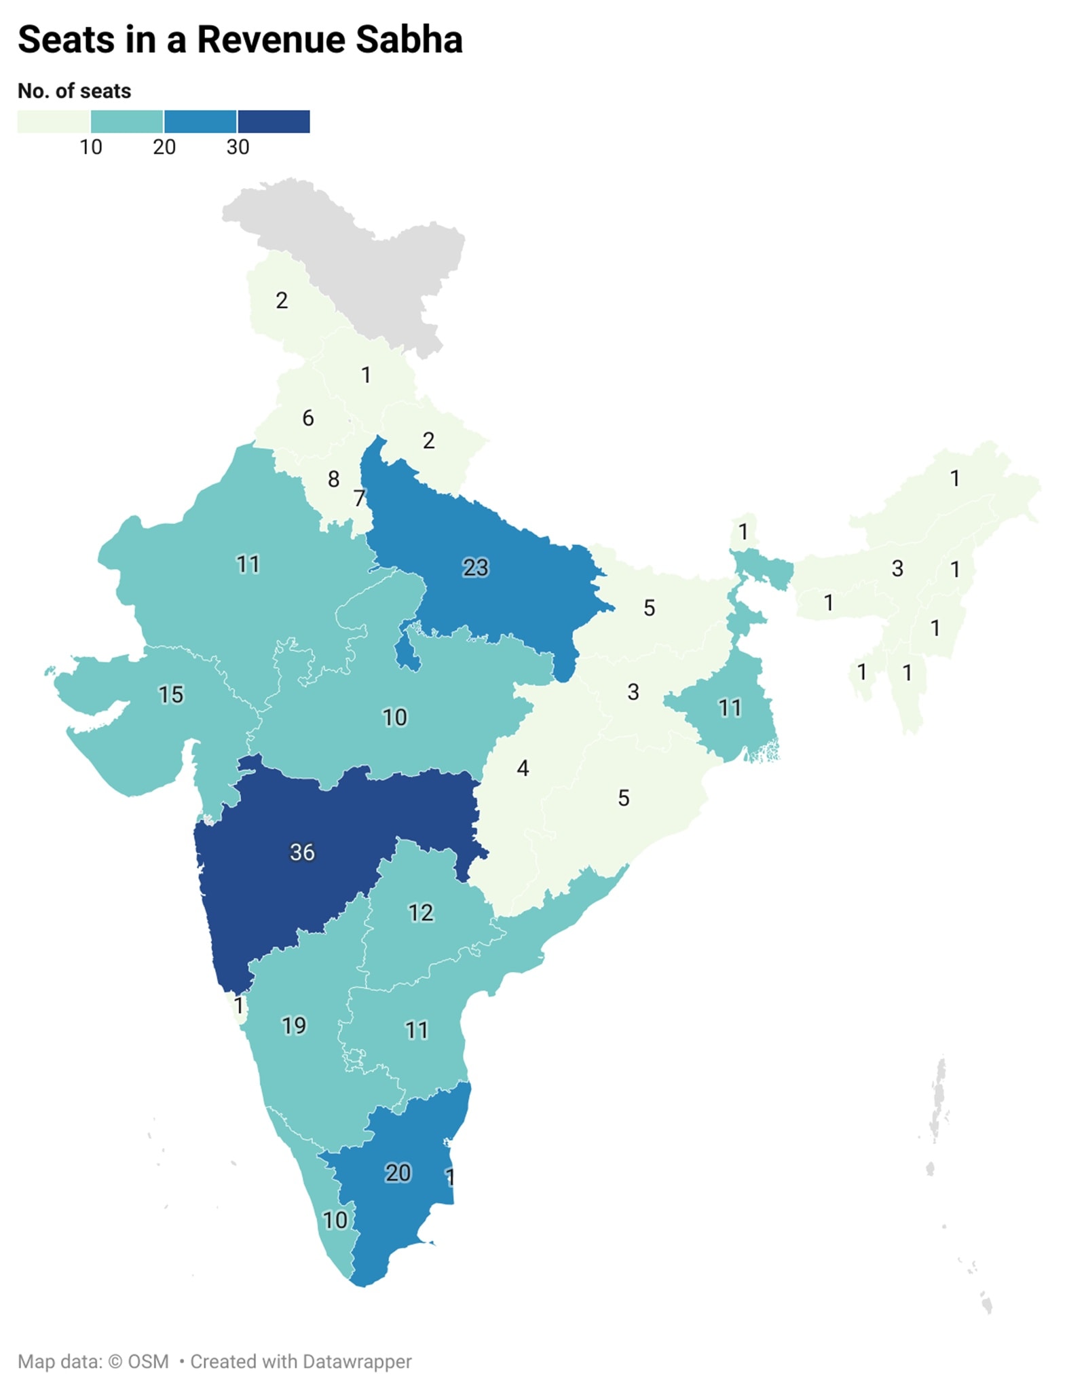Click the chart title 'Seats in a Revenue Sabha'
pos(240,39)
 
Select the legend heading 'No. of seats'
pos(74,91)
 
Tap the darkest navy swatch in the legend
pos(274,122)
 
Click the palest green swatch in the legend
pos(54,122)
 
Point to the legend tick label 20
pos(164,147)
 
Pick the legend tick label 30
pos(238,147)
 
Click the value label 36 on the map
pos(302,852)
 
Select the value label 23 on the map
pos(475,567)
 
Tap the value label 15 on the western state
pos(170,694)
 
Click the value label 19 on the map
pos(294,1025)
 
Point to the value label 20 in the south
pos(398,1172)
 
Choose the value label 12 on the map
pos(421,912)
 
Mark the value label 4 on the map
pos(523,768)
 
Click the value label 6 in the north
pos(308,418)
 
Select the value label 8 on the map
pos(333,479)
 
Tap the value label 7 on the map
pos(360,498)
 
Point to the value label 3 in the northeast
pos(897,568)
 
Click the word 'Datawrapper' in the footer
pos(357,1361)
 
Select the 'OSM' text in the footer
pos(148,1361)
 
